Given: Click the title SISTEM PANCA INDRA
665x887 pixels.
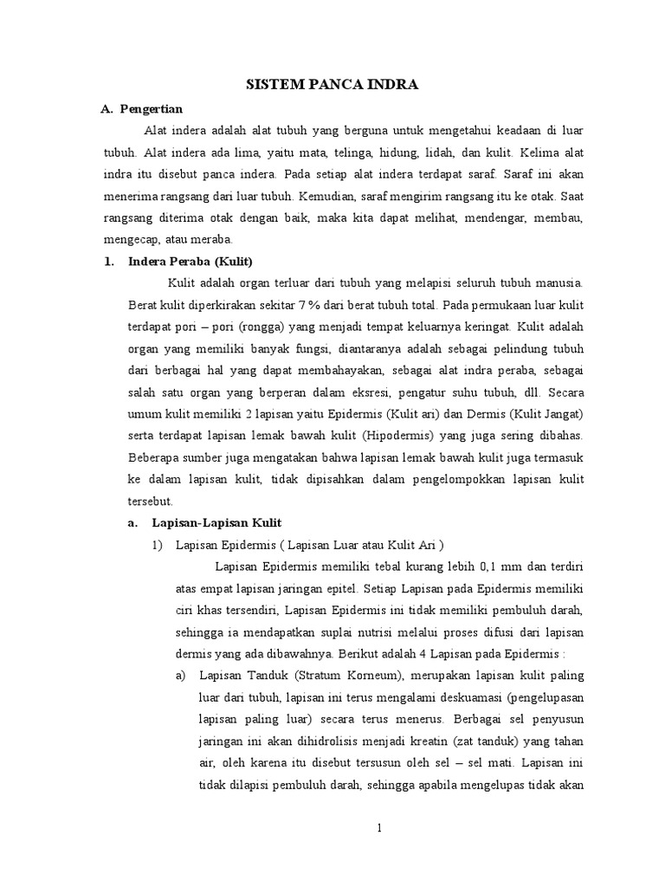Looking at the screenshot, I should point(333,85).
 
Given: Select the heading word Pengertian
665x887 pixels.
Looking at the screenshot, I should point(151,109).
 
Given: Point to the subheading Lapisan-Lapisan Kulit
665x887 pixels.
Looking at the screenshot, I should point(212,522).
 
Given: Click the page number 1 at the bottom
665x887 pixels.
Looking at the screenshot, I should point(378,828).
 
